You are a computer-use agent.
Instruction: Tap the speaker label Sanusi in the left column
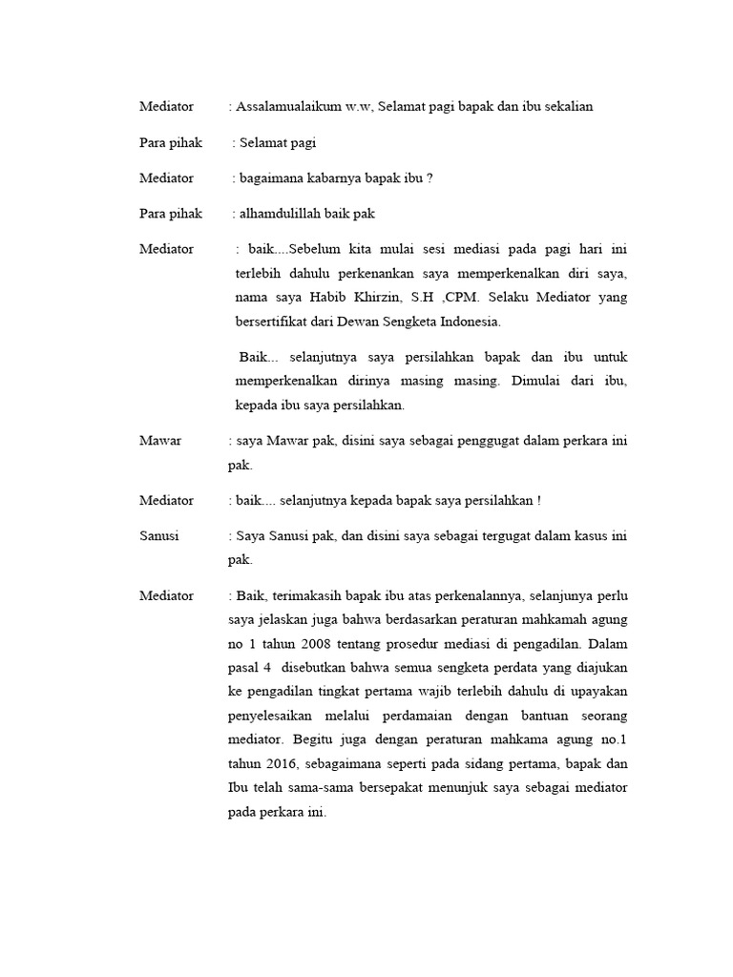click(x=159, y=536)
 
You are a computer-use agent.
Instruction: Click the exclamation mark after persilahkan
click(x=538, y=501)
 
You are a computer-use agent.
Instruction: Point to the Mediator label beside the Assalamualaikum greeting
click(x=166, y=107)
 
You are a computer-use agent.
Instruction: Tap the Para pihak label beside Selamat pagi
click(x=171, y=143)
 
